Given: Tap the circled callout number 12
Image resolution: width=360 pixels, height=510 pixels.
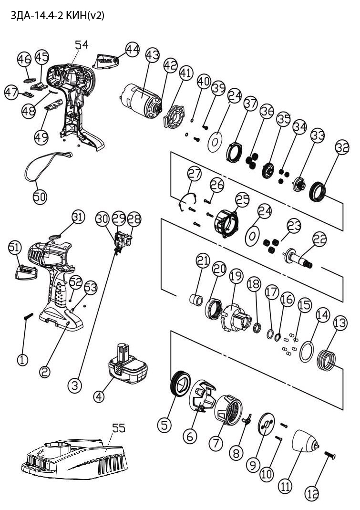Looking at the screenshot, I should (x=312, y=495).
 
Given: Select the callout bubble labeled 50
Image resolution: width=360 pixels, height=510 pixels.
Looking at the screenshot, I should (x=40, y=197).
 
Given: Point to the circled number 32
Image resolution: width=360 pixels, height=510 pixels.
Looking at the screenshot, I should (x=342, y=147).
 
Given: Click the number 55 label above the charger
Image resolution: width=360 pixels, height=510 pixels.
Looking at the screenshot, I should (x=118, y=428).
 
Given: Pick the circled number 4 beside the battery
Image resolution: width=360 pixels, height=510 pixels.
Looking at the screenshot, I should (x=99, y=396).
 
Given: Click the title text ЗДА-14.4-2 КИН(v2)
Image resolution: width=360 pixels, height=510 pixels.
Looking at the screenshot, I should (x=57, y=16).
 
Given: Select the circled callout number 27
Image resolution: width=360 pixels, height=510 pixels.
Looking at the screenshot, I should (x=195, y=173).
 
